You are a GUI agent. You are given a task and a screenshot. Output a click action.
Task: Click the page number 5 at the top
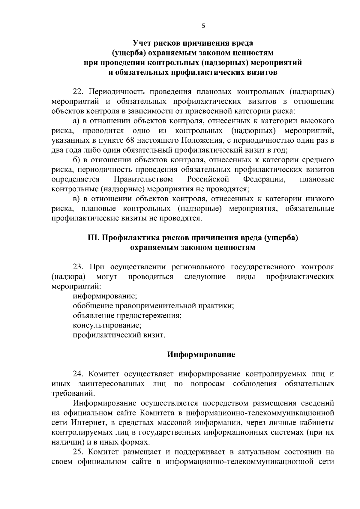pos(204,26)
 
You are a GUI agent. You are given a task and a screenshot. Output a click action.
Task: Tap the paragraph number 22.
pos(78,92)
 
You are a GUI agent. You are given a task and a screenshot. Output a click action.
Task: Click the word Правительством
pos(143,179)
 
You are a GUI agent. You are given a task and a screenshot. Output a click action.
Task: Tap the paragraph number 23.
pos(78,267)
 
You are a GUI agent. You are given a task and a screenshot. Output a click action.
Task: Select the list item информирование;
pos(105,296)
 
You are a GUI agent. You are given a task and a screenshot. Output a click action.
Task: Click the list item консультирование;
pos(107,325)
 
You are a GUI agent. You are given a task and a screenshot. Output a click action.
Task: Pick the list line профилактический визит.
pos(119,335)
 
